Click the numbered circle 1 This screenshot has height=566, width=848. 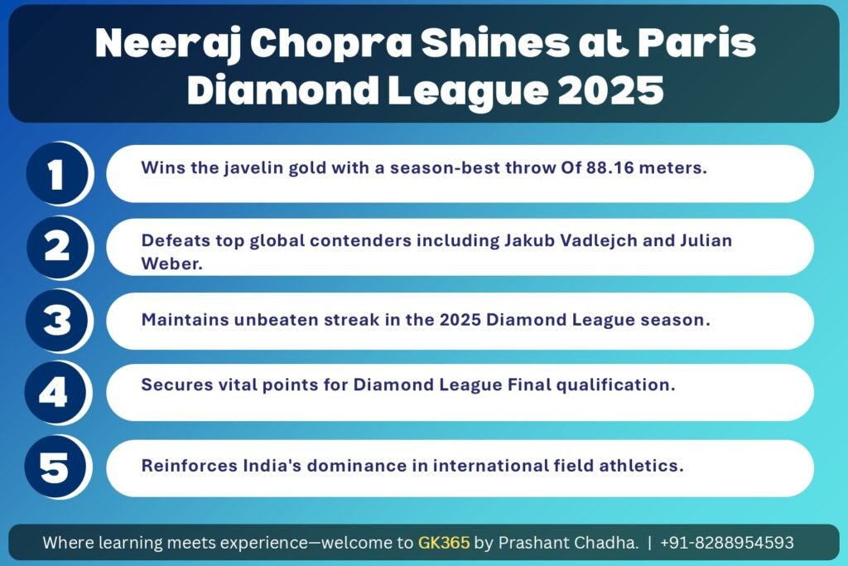[x=57, y=174]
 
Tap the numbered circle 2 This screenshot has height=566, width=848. [x=57, y=248]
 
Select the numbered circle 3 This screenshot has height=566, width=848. [x=56, y=321]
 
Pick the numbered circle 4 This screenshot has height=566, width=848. [x=55, y=393]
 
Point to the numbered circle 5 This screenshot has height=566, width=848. [x=55, y=467]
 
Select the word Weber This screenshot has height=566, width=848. [x=171, y=264]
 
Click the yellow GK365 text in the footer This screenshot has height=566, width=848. [x=444, y=542]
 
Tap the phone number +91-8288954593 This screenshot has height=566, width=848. [x=727, y=542]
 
